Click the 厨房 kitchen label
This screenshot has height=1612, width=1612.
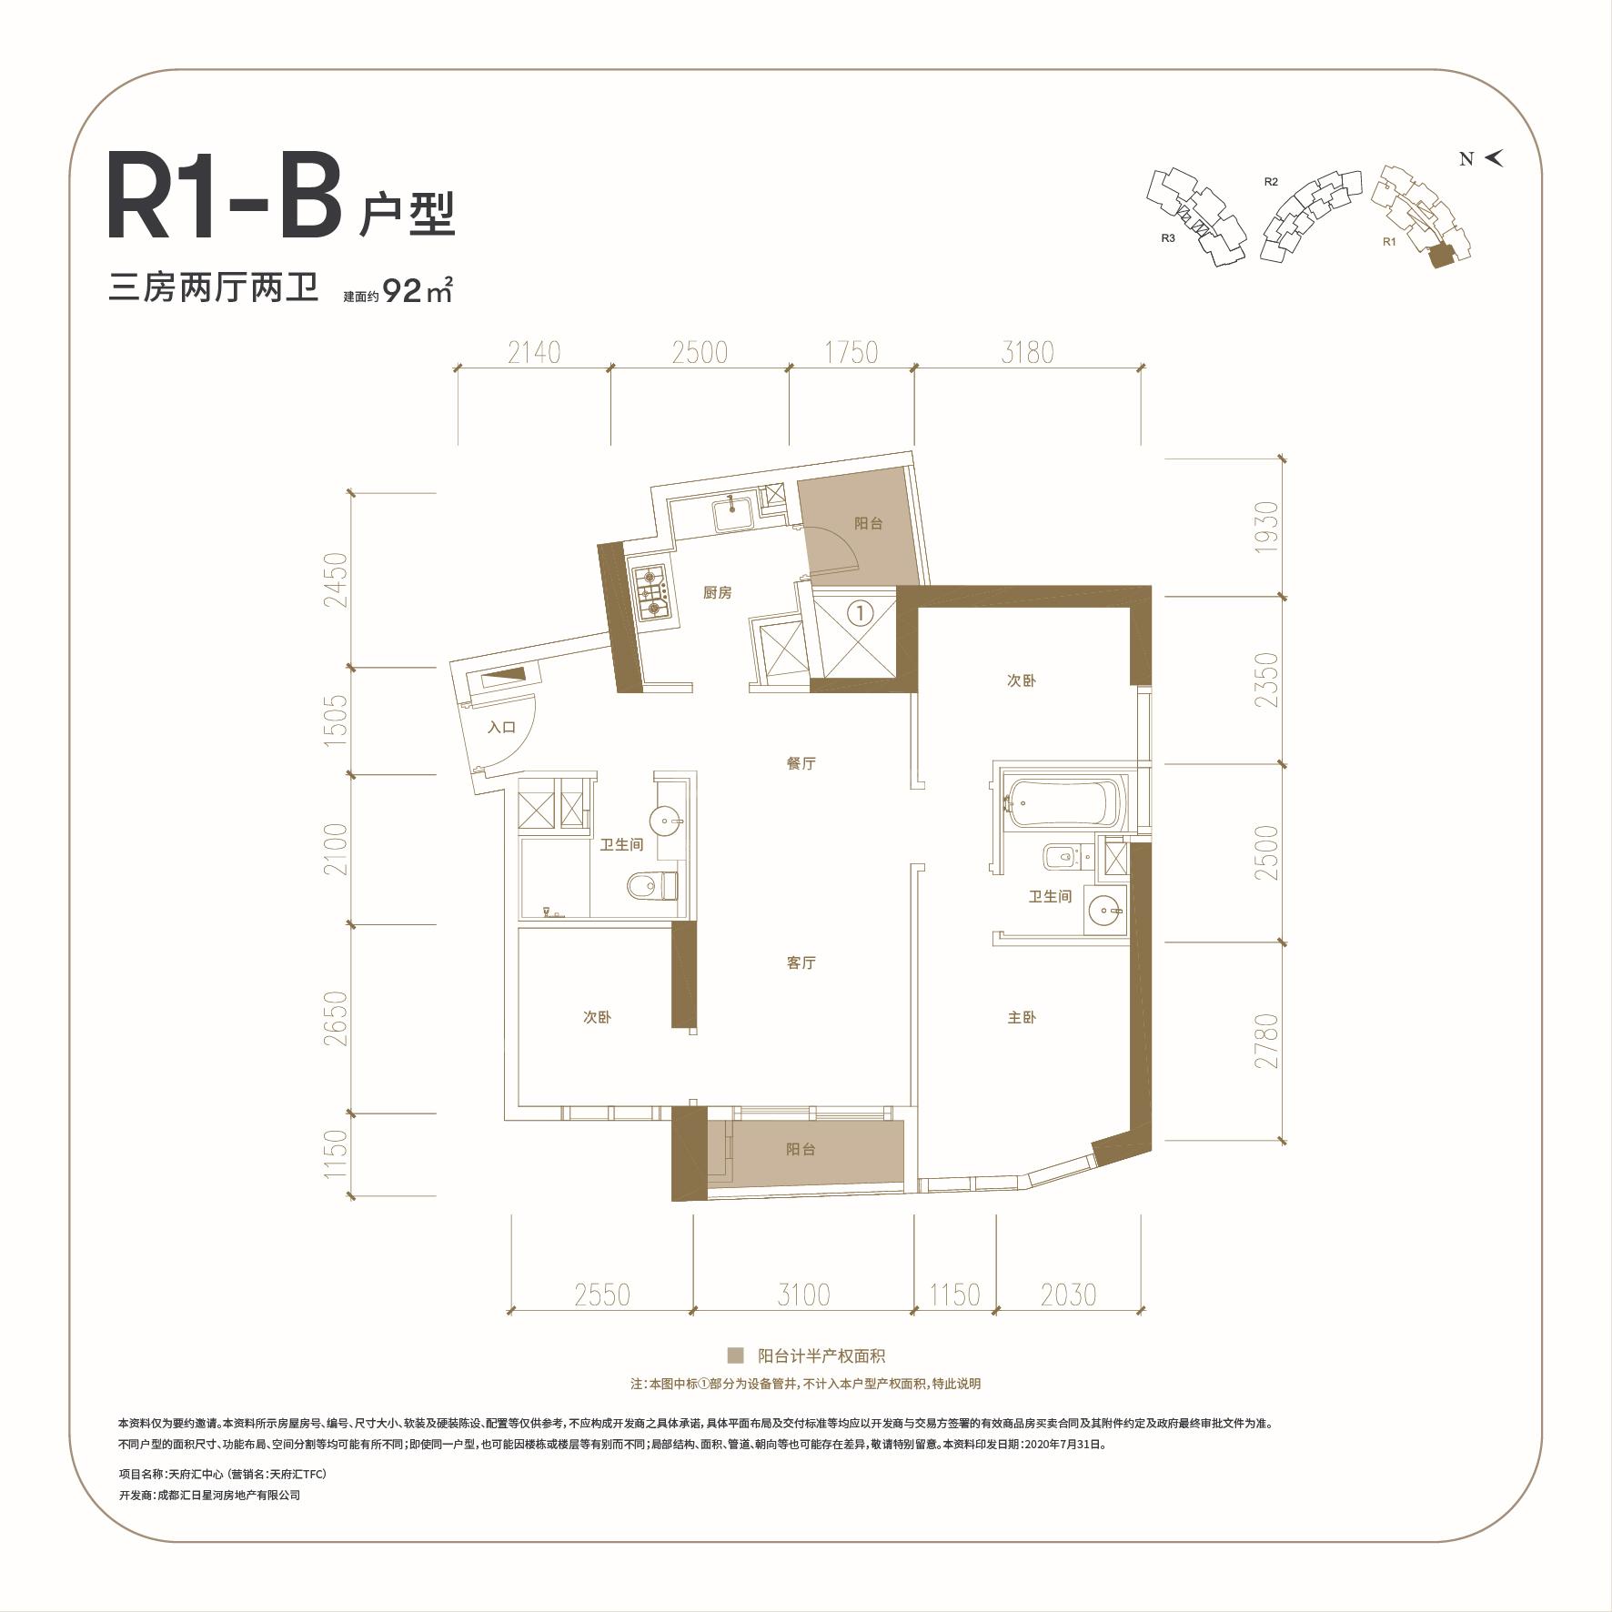(x=717, y=593)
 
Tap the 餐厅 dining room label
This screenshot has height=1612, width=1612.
(x=801, y=763)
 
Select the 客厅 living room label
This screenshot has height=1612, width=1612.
(x=801, y=962)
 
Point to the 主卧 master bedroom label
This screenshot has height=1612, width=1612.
(x=1022, y=1017)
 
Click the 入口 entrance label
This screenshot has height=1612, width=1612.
(x=501, y=727)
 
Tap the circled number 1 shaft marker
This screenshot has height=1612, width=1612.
(x=860, y=612)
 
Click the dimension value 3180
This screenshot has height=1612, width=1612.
(x=1027, y=352)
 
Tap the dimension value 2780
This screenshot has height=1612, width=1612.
(x=1266, y=1041)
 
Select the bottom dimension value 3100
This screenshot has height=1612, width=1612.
(x=803, y=1295)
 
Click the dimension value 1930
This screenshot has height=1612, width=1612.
(x=1266, y=528)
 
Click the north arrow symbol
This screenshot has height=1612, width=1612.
(x=1494, y=158)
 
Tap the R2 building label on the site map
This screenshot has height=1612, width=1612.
(x=1271, y=182)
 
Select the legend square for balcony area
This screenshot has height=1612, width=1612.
(x=735, y=1355)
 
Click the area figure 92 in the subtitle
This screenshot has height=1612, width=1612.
(x=403, y=291)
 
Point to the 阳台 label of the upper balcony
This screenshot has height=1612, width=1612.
(x=868, y=524)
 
